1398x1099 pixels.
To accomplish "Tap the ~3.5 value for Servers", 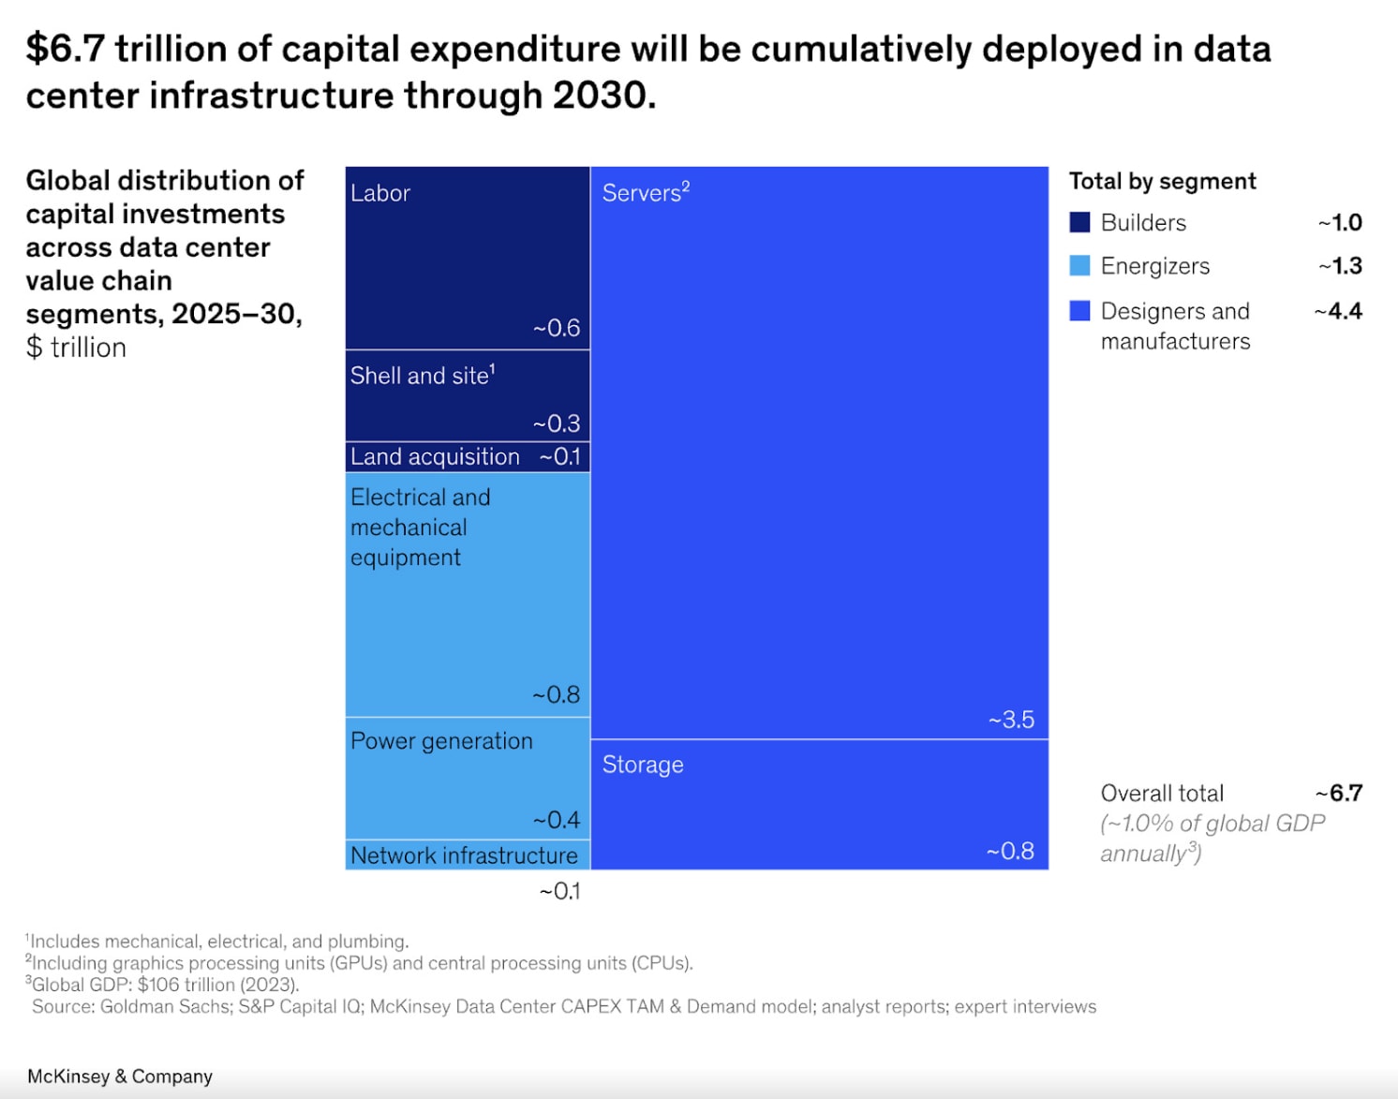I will tap(1011, 720).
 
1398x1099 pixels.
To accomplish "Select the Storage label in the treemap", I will tap(643, 765).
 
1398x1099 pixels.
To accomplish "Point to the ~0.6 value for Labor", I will tap(557, 328).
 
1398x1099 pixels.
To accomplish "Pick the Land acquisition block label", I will tap(435, 456).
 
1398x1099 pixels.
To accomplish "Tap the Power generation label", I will tap(441, 741).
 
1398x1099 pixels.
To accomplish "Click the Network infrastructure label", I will tap(464, 855).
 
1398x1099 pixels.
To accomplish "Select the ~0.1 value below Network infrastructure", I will tap(559, 891).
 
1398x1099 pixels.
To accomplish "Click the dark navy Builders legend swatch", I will tap(1079, 222).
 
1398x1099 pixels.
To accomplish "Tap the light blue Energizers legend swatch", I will tap(1079, 266).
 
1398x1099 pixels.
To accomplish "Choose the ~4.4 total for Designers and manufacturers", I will tap(1338, 311).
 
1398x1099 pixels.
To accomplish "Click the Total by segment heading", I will tap(1162, 181).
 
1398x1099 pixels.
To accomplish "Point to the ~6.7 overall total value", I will tap(1339, 794).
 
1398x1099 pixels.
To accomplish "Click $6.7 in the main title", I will tap(65, 50).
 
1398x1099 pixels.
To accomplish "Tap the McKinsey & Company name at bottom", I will tap(120, 1077).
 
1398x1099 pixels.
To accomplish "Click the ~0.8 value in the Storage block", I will tap(1010, 851).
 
